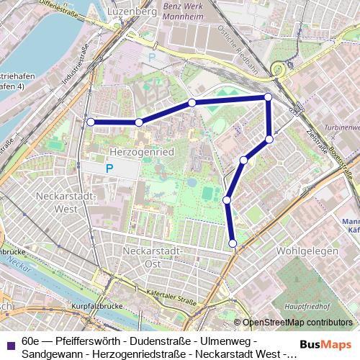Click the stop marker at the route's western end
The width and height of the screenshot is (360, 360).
pos(91,122)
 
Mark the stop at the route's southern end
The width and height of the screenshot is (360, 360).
pos(233,244)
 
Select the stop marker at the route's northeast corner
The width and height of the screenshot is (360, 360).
pos(268,96)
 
